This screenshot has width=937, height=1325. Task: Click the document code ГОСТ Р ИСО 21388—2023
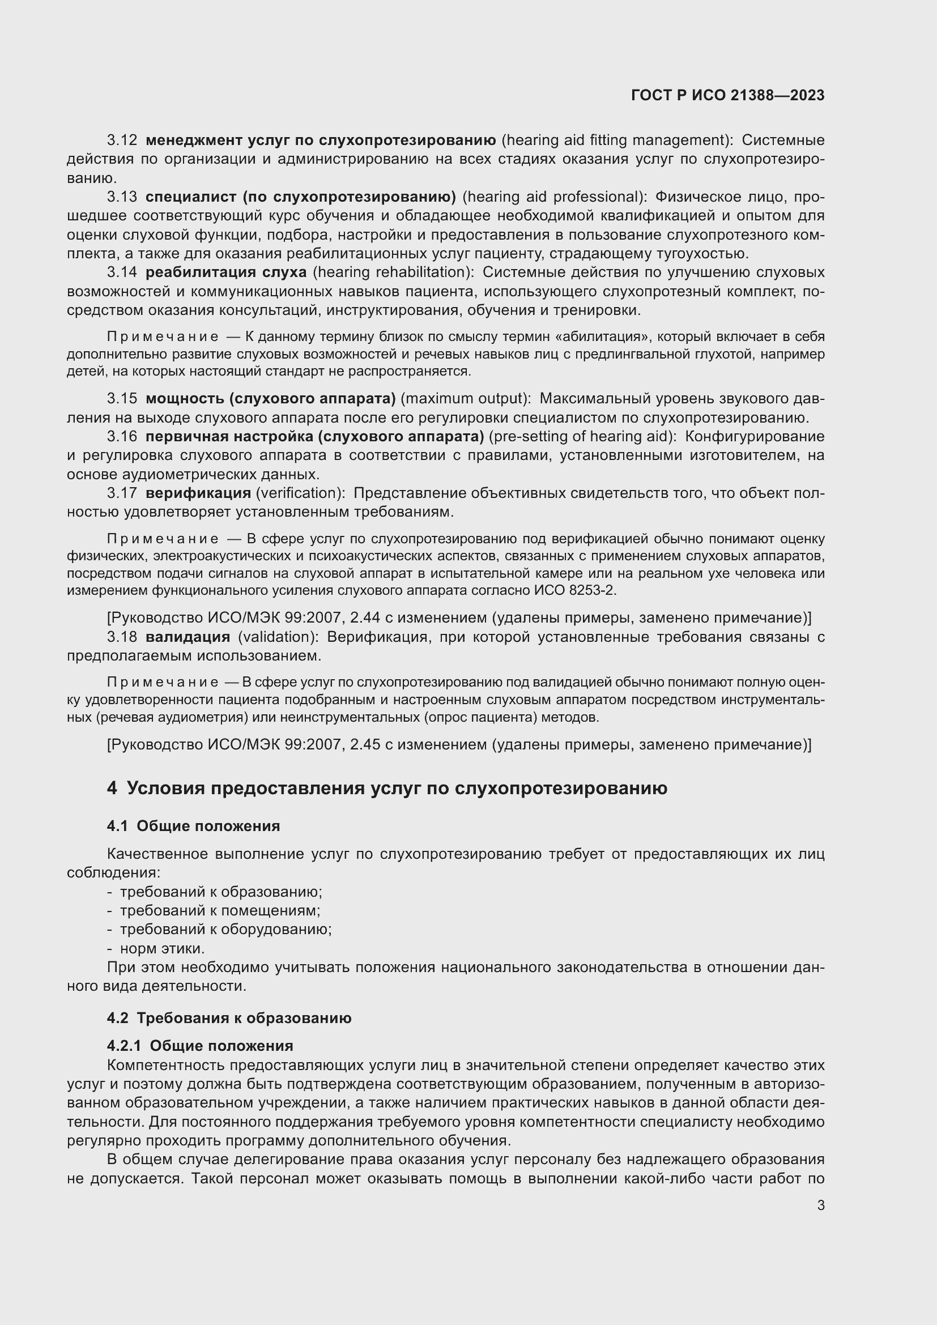coord(727,95)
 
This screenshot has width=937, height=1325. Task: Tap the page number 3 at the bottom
coord(820,1205)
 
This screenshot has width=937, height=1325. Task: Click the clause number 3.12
coord(122,140)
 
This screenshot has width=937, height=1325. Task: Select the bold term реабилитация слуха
coord(225,272)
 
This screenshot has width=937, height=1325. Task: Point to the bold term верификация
coord(198,493)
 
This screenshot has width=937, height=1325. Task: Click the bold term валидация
coord(188,637)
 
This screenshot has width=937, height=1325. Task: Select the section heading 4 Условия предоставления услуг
coord(386,788)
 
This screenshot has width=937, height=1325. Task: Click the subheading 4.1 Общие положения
coord(193,826)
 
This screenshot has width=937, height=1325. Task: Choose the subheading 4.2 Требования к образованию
coord(229,1017)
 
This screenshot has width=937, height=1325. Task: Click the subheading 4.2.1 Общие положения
coord(199,1045)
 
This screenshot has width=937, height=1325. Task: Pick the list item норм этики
coord(161,948)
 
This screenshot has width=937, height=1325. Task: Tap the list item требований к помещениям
coord(219,910)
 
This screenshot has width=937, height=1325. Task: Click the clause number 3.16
coord(122,436)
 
